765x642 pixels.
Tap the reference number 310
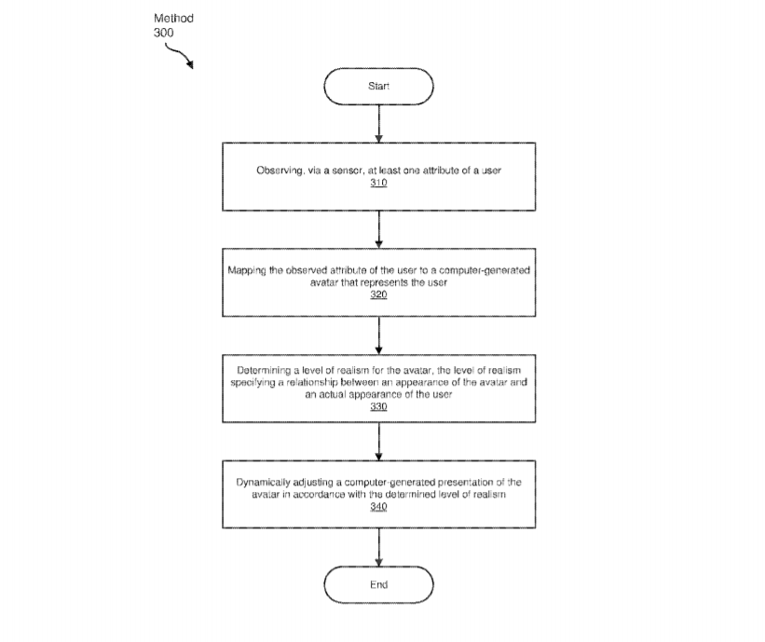click(378, 183)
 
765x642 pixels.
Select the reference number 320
click(378, 294)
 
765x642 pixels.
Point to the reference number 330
click(378, 407)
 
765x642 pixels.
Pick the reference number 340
click(378, 507)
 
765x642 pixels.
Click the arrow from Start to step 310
click(378, 124)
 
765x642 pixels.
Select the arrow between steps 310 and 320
click(378, 230)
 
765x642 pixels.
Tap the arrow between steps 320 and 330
click(378, 335)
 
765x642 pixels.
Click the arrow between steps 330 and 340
click(378, 442)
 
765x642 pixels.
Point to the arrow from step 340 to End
click(378, 547)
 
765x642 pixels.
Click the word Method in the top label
click(173, 19)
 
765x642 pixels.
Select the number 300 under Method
click(163, 33)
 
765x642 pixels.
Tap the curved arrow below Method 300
click(180, 55)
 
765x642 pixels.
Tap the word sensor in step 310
click(348, 171)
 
